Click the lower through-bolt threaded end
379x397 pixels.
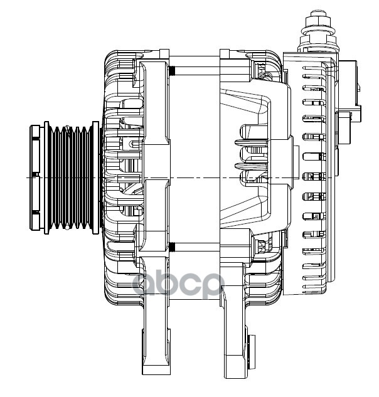171,248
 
